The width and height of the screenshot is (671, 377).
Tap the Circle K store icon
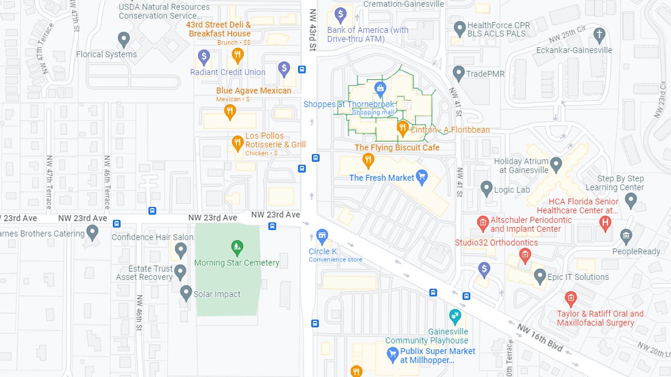[322, 237]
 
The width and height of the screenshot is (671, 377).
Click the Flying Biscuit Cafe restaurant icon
[368, 160]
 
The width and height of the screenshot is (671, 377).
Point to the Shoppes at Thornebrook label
[349, 104]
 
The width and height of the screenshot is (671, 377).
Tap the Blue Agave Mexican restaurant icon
[230, 111]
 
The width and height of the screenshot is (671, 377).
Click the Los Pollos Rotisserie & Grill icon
[237, 144]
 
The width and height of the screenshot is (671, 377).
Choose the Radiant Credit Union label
[228, 72]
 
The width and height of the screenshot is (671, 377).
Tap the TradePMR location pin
[459, 73]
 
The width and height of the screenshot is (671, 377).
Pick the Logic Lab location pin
[487, 188]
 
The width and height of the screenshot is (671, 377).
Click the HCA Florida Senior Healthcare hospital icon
[605, 222]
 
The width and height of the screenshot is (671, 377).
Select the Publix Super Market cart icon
[393, 354]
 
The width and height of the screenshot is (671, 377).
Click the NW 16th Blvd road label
[540, 338]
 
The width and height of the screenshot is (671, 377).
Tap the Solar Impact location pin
[186, 293]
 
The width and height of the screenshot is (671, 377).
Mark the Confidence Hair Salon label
[153, 237]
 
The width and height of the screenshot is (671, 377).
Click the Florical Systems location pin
[123, 39]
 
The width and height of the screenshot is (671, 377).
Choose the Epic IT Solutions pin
[539, 276]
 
